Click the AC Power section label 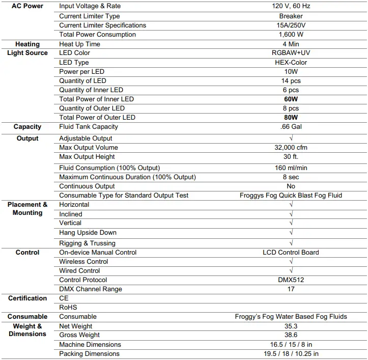pos(27,6)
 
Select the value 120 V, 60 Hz pos(291,7)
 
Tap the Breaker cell pos(291,16)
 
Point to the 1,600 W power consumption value pos(291,35)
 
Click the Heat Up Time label pos(79,44)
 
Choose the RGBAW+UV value pos(291,53)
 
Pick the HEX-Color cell pos(291,62)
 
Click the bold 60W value pos(291,99)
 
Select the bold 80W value pos(291,118)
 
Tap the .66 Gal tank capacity pos(291,127)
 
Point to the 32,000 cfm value pos(291,148)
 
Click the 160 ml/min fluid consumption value pos(291,168)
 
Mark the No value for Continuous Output pos(291,186)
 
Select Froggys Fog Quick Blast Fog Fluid pos(291,196)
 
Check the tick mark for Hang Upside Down pos(291,233)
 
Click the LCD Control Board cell pos(291,253)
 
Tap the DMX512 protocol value pos(291,280)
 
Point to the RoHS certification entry pos(68,307)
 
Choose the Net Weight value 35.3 pos(291,326)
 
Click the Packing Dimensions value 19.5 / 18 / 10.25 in pos(291,354)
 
